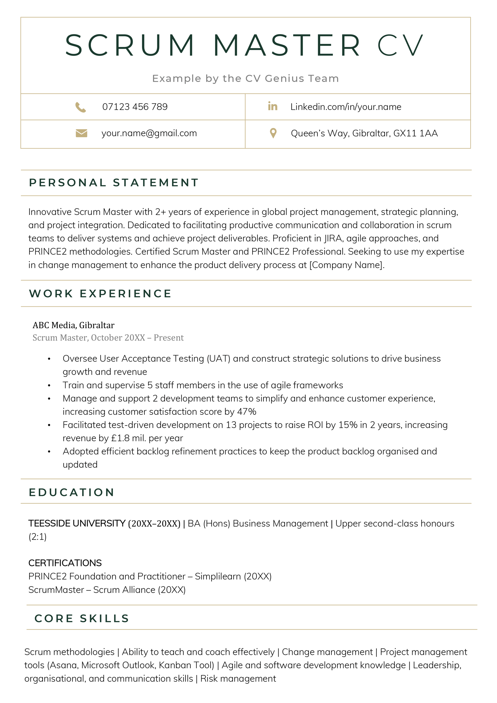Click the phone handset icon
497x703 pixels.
[81, 107]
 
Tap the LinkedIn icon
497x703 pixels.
[272, 106]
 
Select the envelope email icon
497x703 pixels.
[81, 133]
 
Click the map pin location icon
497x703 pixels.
[273, 133]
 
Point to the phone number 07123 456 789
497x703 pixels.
[135, 107]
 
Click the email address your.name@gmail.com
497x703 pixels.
[149, 133]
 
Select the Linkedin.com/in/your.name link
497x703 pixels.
[346, 107]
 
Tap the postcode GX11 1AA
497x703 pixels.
[415, 133]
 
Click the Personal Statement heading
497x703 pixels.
[114, 183]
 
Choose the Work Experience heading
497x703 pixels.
[100, 294]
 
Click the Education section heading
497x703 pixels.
[72, 492]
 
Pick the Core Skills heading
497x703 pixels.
[82, 618]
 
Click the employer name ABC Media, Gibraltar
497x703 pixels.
[74, 325]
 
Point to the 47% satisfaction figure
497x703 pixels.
[247, 412]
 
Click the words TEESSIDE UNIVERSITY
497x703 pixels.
[77, 523]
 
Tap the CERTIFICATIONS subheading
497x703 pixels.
[65, 563]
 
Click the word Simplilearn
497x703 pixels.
[218, 576]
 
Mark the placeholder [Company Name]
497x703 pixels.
[347, 265]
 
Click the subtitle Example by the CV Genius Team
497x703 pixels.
[245, 79]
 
